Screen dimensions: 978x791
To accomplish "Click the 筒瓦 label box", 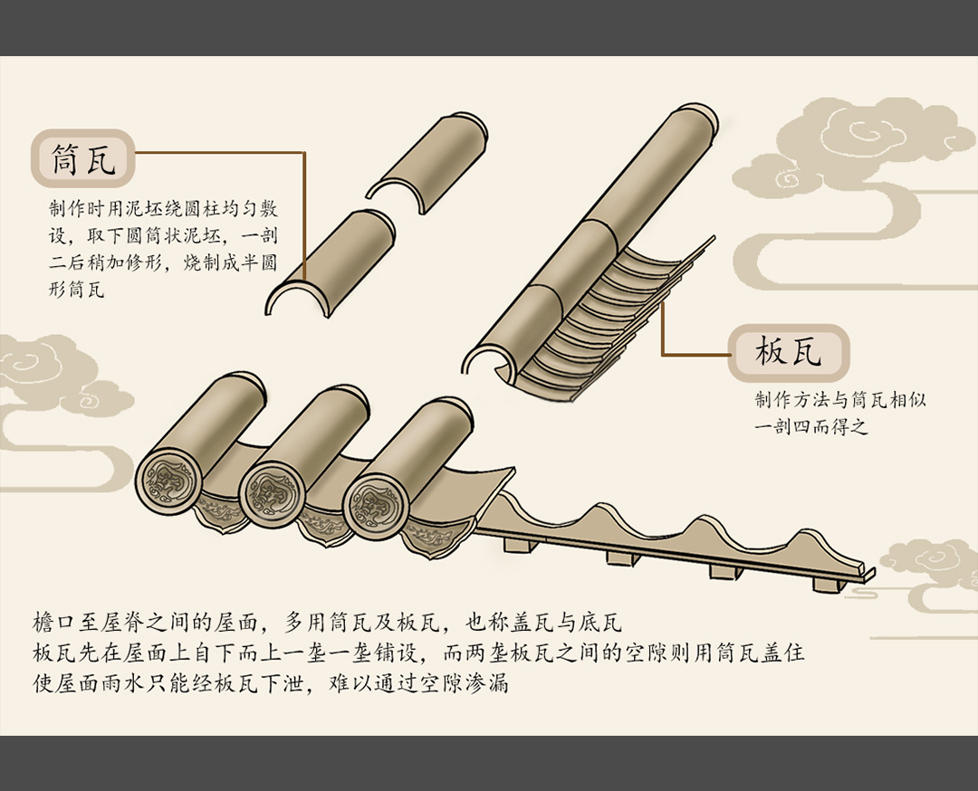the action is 83,159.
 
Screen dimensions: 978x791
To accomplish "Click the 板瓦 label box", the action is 789,353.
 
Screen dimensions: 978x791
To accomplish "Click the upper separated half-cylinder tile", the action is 427,162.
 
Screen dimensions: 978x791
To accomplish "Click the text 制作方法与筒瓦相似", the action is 840,399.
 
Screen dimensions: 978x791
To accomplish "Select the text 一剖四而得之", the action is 810,427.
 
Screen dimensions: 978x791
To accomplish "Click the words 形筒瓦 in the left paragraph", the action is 76,290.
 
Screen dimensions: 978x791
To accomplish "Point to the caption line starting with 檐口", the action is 327,622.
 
